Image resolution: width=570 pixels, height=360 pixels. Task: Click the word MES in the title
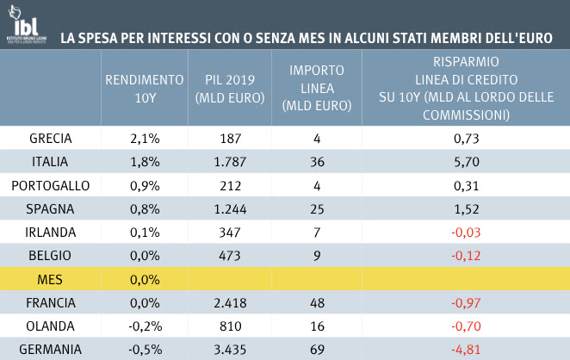pyautogui.click(x=274, y=39)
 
